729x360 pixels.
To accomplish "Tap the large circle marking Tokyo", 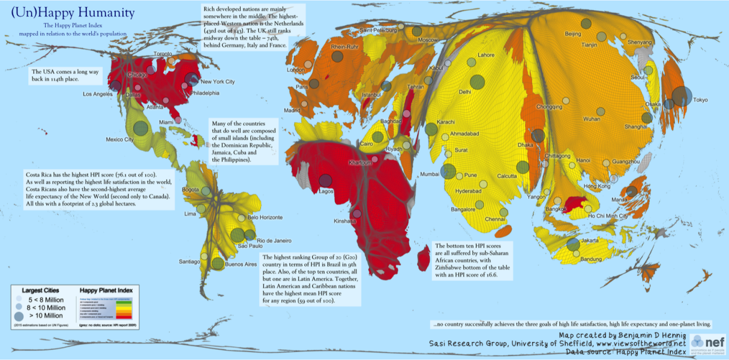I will pyautogui.click(x=682, y=96).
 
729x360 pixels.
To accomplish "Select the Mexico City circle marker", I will pyautogui.click(x=140, y=128).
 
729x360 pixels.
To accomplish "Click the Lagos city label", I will pyautogui.click(x=326, y=191).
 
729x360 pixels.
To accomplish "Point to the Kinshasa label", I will pyautogui.click(x=344, y=221).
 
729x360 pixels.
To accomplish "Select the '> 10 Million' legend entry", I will pyautogui.click(x=44, y=315).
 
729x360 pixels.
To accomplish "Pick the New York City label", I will pyautogui.click(x=217, y=82).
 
